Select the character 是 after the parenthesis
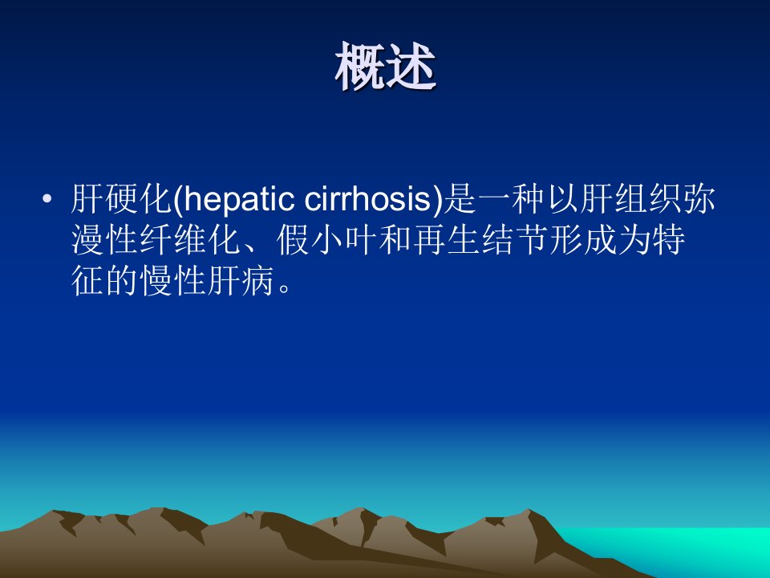point(460,199)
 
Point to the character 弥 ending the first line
point(699,199)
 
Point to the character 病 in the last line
point(257,281)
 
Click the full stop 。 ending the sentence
point(284,288)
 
